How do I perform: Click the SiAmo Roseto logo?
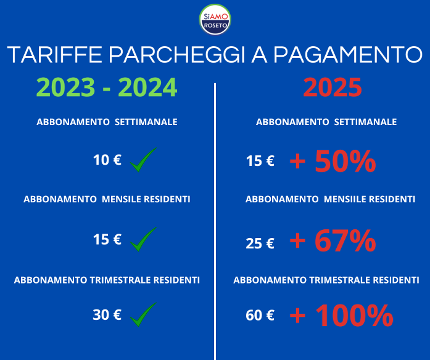pos(215,20)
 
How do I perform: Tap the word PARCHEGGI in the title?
pos(177,55)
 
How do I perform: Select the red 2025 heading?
pos(333,88)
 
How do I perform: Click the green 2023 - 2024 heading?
pos(107,88)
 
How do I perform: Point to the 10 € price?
pos(107,160)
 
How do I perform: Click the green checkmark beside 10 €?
pos(143,160)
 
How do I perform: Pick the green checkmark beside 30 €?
pos(143,314)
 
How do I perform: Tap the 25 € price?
pos(260,243)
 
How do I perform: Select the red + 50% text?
pos(333,161)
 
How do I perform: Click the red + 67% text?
pos(333,240)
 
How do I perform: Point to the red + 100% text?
pos(341,316)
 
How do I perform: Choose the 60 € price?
pos(260,316)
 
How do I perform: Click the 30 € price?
pos(107,315)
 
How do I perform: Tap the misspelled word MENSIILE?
pos(344,199)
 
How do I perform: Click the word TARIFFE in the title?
pos(54,55)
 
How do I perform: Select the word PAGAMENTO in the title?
pos(348,55)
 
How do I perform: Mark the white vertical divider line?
pos(215,221)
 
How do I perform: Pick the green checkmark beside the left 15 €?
pos(143,239)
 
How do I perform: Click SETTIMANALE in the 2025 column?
pos(365,122)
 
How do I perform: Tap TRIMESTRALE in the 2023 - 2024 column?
pos(120,280)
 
